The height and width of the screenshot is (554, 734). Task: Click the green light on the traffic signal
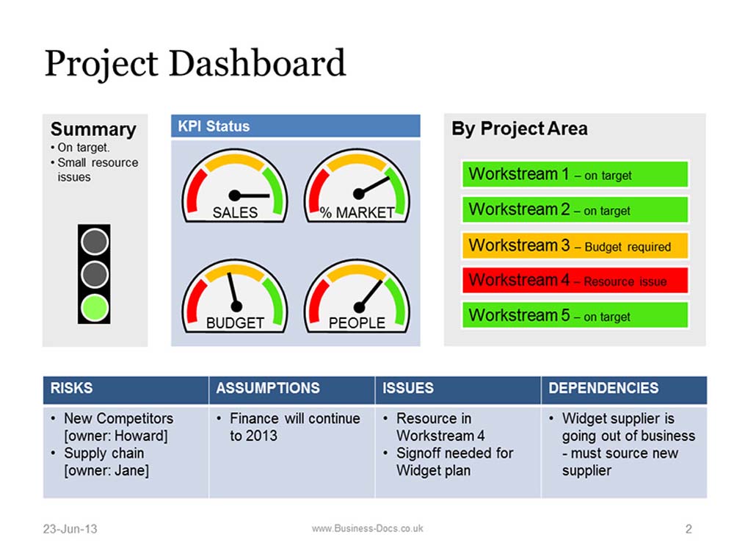point(95,307)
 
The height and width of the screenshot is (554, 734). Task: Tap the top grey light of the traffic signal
point(95,242)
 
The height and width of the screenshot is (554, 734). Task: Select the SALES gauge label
point(235,213)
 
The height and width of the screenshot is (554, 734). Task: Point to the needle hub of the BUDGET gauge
point(236,306)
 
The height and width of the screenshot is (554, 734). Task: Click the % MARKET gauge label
point(357,213)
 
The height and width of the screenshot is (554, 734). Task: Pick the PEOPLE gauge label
point(357,323)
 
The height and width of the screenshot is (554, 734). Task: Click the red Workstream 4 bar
point(575,280)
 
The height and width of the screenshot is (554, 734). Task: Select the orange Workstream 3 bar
point(575,245)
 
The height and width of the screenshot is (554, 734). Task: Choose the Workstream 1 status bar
point(575,174)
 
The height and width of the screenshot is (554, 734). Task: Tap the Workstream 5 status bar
point(575,315)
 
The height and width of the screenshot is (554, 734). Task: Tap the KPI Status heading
point(214,126)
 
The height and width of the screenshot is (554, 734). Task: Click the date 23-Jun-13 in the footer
point(70,529)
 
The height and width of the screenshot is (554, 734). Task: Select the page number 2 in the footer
point(688,529)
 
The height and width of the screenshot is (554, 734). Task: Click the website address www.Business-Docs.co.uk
point(368,528)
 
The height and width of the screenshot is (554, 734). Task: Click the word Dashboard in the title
point(257,62)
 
